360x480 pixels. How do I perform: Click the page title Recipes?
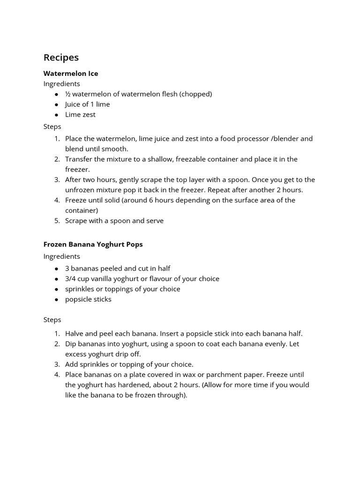coord(61,58)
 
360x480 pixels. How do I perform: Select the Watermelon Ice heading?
coord(71,74)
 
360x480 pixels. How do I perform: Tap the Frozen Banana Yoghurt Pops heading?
coord(93,244)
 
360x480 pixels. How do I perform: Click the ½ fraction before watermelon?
coord(67,94)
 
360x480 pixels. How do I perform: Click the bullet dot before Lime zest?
coord(56,115)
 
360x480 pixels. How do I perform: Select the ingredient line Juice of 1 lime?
coord(87,104)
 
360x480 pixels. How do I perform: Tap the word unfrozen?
coord(81,190)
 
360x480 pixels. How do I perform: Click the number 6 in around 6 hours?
coord(170,200)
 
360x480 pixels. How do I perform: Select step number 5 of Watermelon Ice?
coord(57,221)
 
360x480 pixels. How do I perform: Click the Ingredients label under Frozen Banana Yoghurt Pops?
coord(61,256)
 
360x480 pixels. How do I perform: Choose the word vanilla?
coord(104,279)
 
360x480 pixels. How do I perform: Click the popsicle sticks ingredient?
coord(88,300)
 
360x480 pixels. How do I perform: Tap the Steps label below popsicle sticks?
coord(52,320)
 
